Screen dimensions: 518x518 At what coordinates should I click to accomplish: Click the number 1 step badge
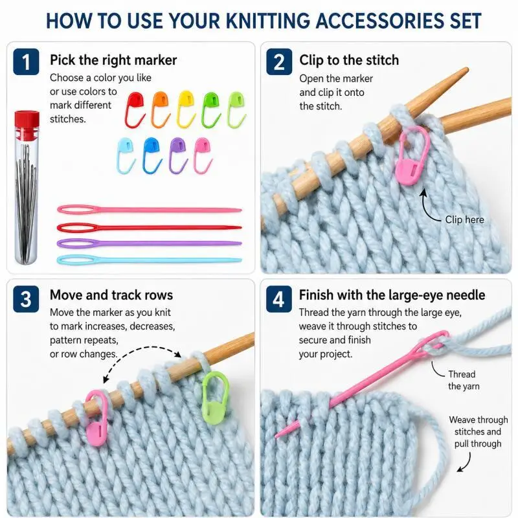click(x=26, y=62)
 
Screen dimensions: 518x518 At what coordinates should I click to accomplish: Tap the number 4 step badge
click(x=279, y=299)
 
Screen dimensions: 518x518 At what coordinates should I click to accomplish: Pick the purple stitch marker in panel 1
click(x=178, y=155)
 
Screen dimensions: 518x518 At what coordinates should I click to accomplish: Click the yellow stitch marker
click(x=185, y=109)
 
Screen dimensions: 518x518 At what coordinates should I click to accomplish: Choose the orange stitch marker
click(x=161, y=109)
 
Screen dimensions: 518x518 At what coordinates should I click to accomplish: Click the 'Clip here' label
click(x=464, y=220)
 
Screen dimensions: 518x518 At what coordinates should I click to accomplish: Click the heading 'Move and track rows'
click(x=111, y=295)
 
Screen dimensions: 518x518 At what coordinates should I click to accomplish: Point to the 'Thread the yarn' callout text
click(x=464, y=380)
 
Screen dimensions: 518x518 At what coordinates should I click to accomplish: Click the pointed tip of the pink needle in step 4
click(x=276, y=436)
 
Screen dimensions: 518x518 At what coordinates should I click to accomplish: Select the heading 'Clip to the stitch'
click(x=349, y=60)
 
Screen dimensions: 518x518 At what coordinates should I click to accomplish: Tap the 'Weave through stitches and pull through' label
click(x=478, y=432)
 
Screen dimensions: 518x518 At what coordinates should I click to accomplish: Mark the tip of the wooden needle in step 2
click(x=466, y=69)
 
